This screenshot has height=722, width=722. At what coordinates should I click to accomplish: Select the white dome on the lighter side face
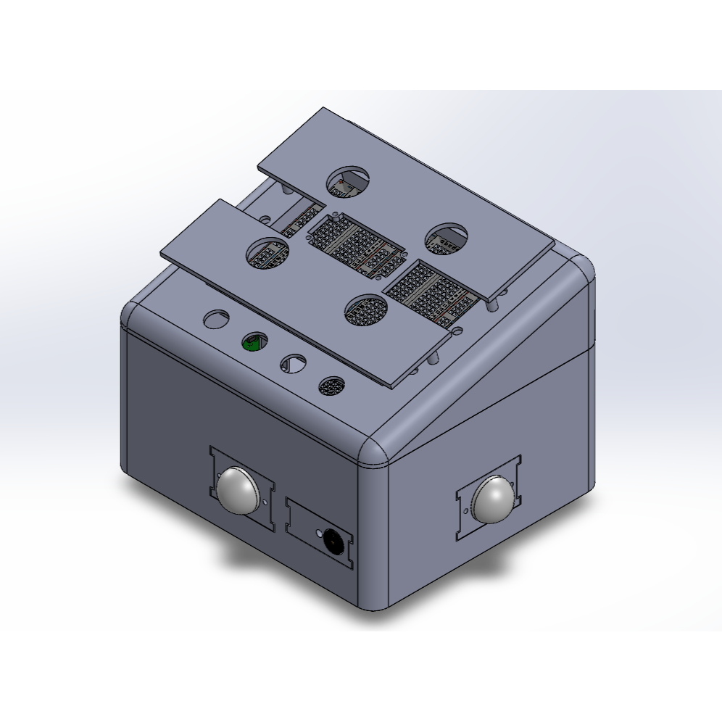(x=496, y=500)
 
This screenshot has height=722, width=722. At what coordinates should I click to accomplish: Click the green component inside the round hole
(x=253, y=341)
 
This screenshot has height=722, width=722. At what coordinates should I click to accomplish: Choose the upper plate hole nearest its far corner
(x=349, y=180)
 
